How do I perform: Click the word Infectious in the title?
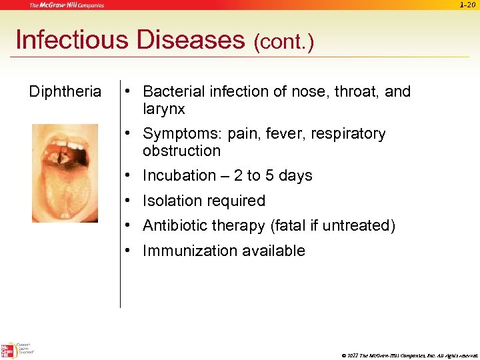pyautogui.click(x=72, y=41)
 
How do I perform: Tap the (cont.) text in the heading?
pyautogui.click(x=283, y=43)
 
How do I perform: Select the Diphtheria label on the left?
pyautogui.click(x=65, y=91)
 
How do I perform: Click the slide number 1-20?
pyautogui.click(x=467, y=5)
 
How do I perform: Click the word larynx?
pyautogui.click(x=163, y=109)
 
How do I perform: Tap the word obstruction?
pyautogui.click(x=181, y=151)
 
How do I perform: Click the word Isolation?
pyautogui.click(x=172, y=201)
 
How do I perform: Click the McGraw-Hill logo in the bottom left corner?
pyautogui.click(x=9, y=351)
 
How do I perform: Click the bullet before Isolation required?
pyautogui.click(x=127, y=201)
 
